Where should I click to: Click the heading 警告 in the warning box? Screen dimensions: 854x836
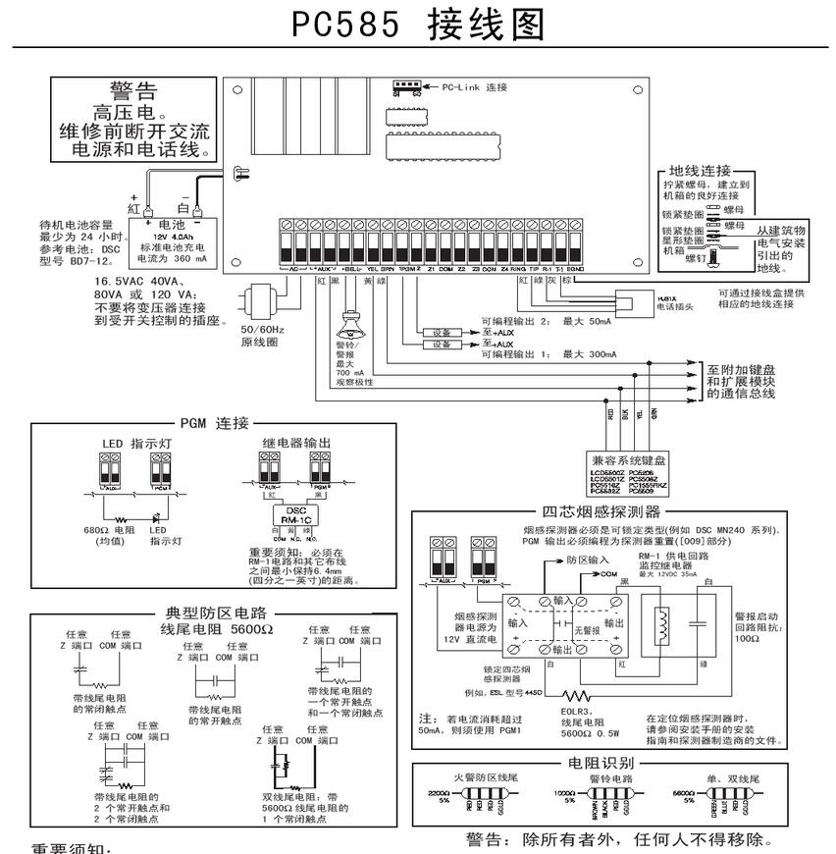tap(133, 92)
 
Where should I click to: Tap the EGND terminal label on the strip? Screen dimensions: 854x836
tap(576, 267)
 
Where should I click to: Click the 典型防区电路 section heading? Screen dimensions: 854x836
tap(203, 609)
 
